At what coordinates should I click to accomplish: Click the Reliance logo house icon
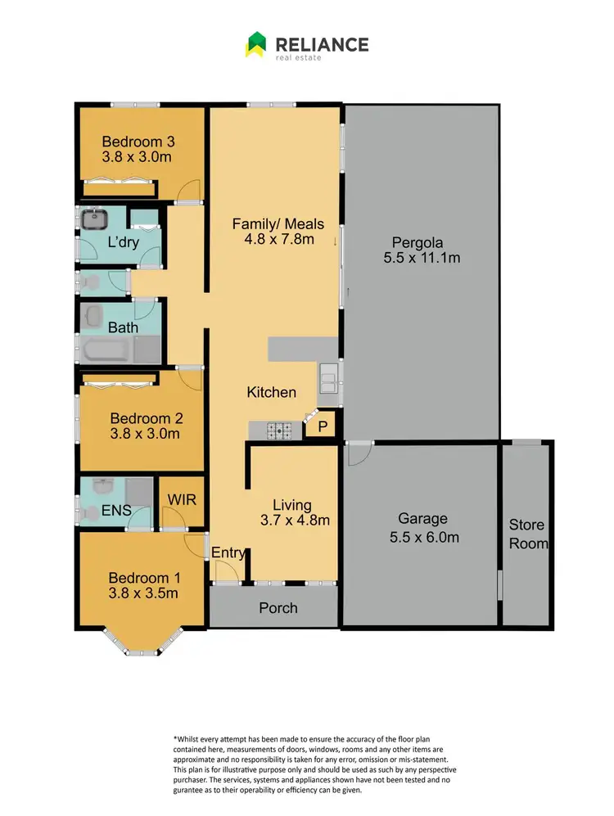pyautogui.click(x=255, y=44)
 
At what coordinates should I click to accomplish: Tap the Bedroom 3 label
pyautogui.click(x=137, y=140)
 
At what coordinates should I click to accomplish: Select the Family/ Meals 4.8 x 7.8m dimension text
pyautogui.click(x=278, y=241)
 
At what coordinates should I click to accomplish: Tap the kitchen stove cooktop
pyautogui.click(x=283, y=428)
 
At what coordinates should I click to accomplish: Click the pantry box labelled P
pyautogui.click(x=323, y=426)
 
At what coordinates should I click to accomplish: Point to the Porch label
pyautogui.click(x=278, y=607)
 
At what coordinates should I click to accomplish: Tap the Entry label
pyautogui.click(x=228, y=553)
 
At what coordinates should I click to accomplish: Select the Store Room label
pyautogui.click(x=527, y=534)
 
